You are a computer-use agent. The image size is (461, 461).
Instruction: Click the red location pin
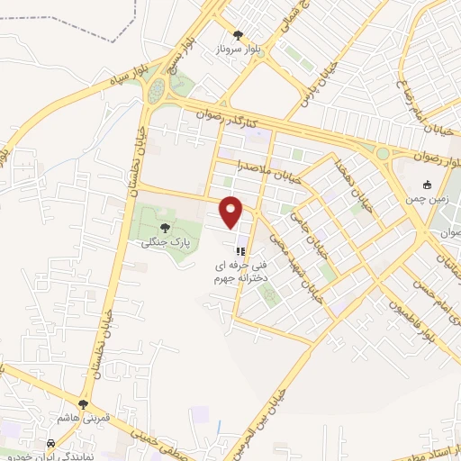coord(232,211)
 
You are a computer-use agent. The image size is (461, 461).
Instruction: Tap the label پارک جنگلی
coord(164,241)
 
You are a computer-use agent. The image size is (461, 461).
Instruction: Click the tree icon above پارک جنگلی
coord(164,226)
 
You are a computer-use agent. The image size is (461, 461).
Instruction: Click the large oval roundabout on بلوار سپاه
coord(159,90)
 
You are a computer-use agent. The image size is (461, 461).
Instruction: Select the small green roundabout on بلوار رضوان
coord(383,154)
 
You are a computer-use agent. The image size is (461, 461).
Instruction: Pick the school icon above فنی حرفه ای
coord(240,251)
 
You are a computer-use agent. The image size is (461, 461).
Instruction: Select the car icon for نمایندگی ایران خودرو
coord(51,443)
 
